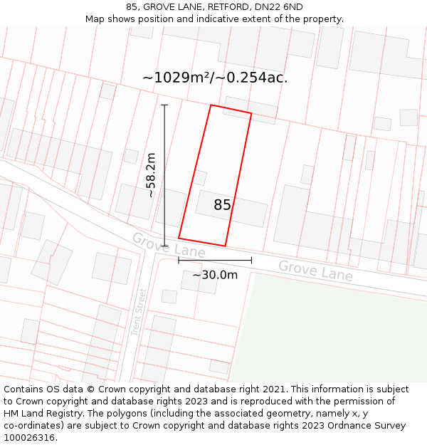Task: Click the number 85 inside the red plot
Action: coord(222,205)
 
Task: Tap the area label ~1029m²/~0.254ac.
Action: coord(215,78)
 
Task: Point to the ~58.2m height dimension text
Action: coord(151,175)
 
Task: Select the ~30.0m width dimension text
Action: coord(215,275)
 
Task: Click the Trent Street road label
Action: coord(138,312)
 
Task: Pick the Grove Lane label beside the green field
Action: coord(315,271)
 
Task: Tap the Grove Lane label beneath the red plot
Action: coord(169,246)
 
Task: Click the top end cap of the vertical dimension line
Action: coord(164,105)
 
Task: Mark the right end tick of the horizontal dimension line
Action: coord(251,261)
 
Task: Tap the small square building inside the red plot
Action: coord(200,177)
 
